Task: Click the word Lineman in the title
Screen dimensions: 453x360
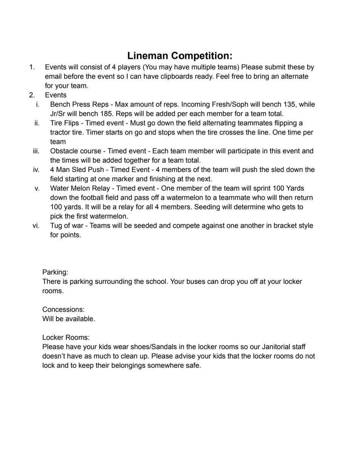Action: pyautogui.click(x=147, y=56)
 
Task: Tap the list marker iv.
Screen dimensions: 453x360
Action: pyautogui.click(x=37, y=170)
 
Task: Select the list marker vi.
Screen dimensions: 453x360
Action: pyautogui.click(x=37, y=226)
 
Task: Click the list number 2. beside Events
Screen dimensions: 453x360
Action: pyautogui.click(x=32, y=95)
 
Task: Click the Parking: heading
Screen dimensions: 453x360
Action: pyautogui.click(x=55, y=272)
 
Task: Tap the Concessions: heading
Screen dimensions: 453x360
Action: pyautogui.click(x=63, y=310)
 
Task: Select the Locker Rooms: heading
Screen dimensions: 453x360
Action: pyautogui.click(x=66, y=337)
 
